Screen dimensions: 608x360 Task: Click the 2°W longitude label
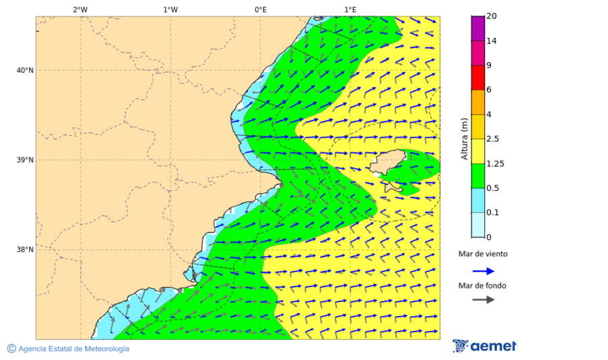[80, 9]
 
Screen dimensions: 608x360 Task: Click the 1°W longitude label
[170, 9]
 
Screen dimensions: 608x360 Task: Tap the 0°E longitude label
[260, 9]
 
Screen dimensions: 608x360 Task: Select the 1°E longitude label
[350, 9]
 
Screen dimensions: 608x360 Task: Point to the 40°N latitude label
[25, 70]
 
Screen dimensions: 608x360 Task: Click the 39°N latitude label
[25, 160]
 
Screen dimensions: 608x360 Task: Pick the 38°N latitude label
[25, 250]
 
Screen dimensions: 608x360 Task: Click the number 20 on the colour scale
[492, 16]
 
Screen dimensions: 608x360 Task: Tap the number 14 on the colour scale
[492, 41]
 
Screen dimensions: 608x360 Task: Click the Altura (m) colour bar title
[464, 138]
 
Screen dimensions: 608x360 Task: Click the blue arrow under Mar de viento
[483, 271]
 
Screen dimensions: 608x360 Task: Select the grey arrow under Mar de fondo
[483, 299]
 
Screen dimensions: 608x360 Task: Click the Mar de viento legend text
[482, 255]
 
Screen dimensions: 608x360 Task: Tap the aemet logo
[484, 346]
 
